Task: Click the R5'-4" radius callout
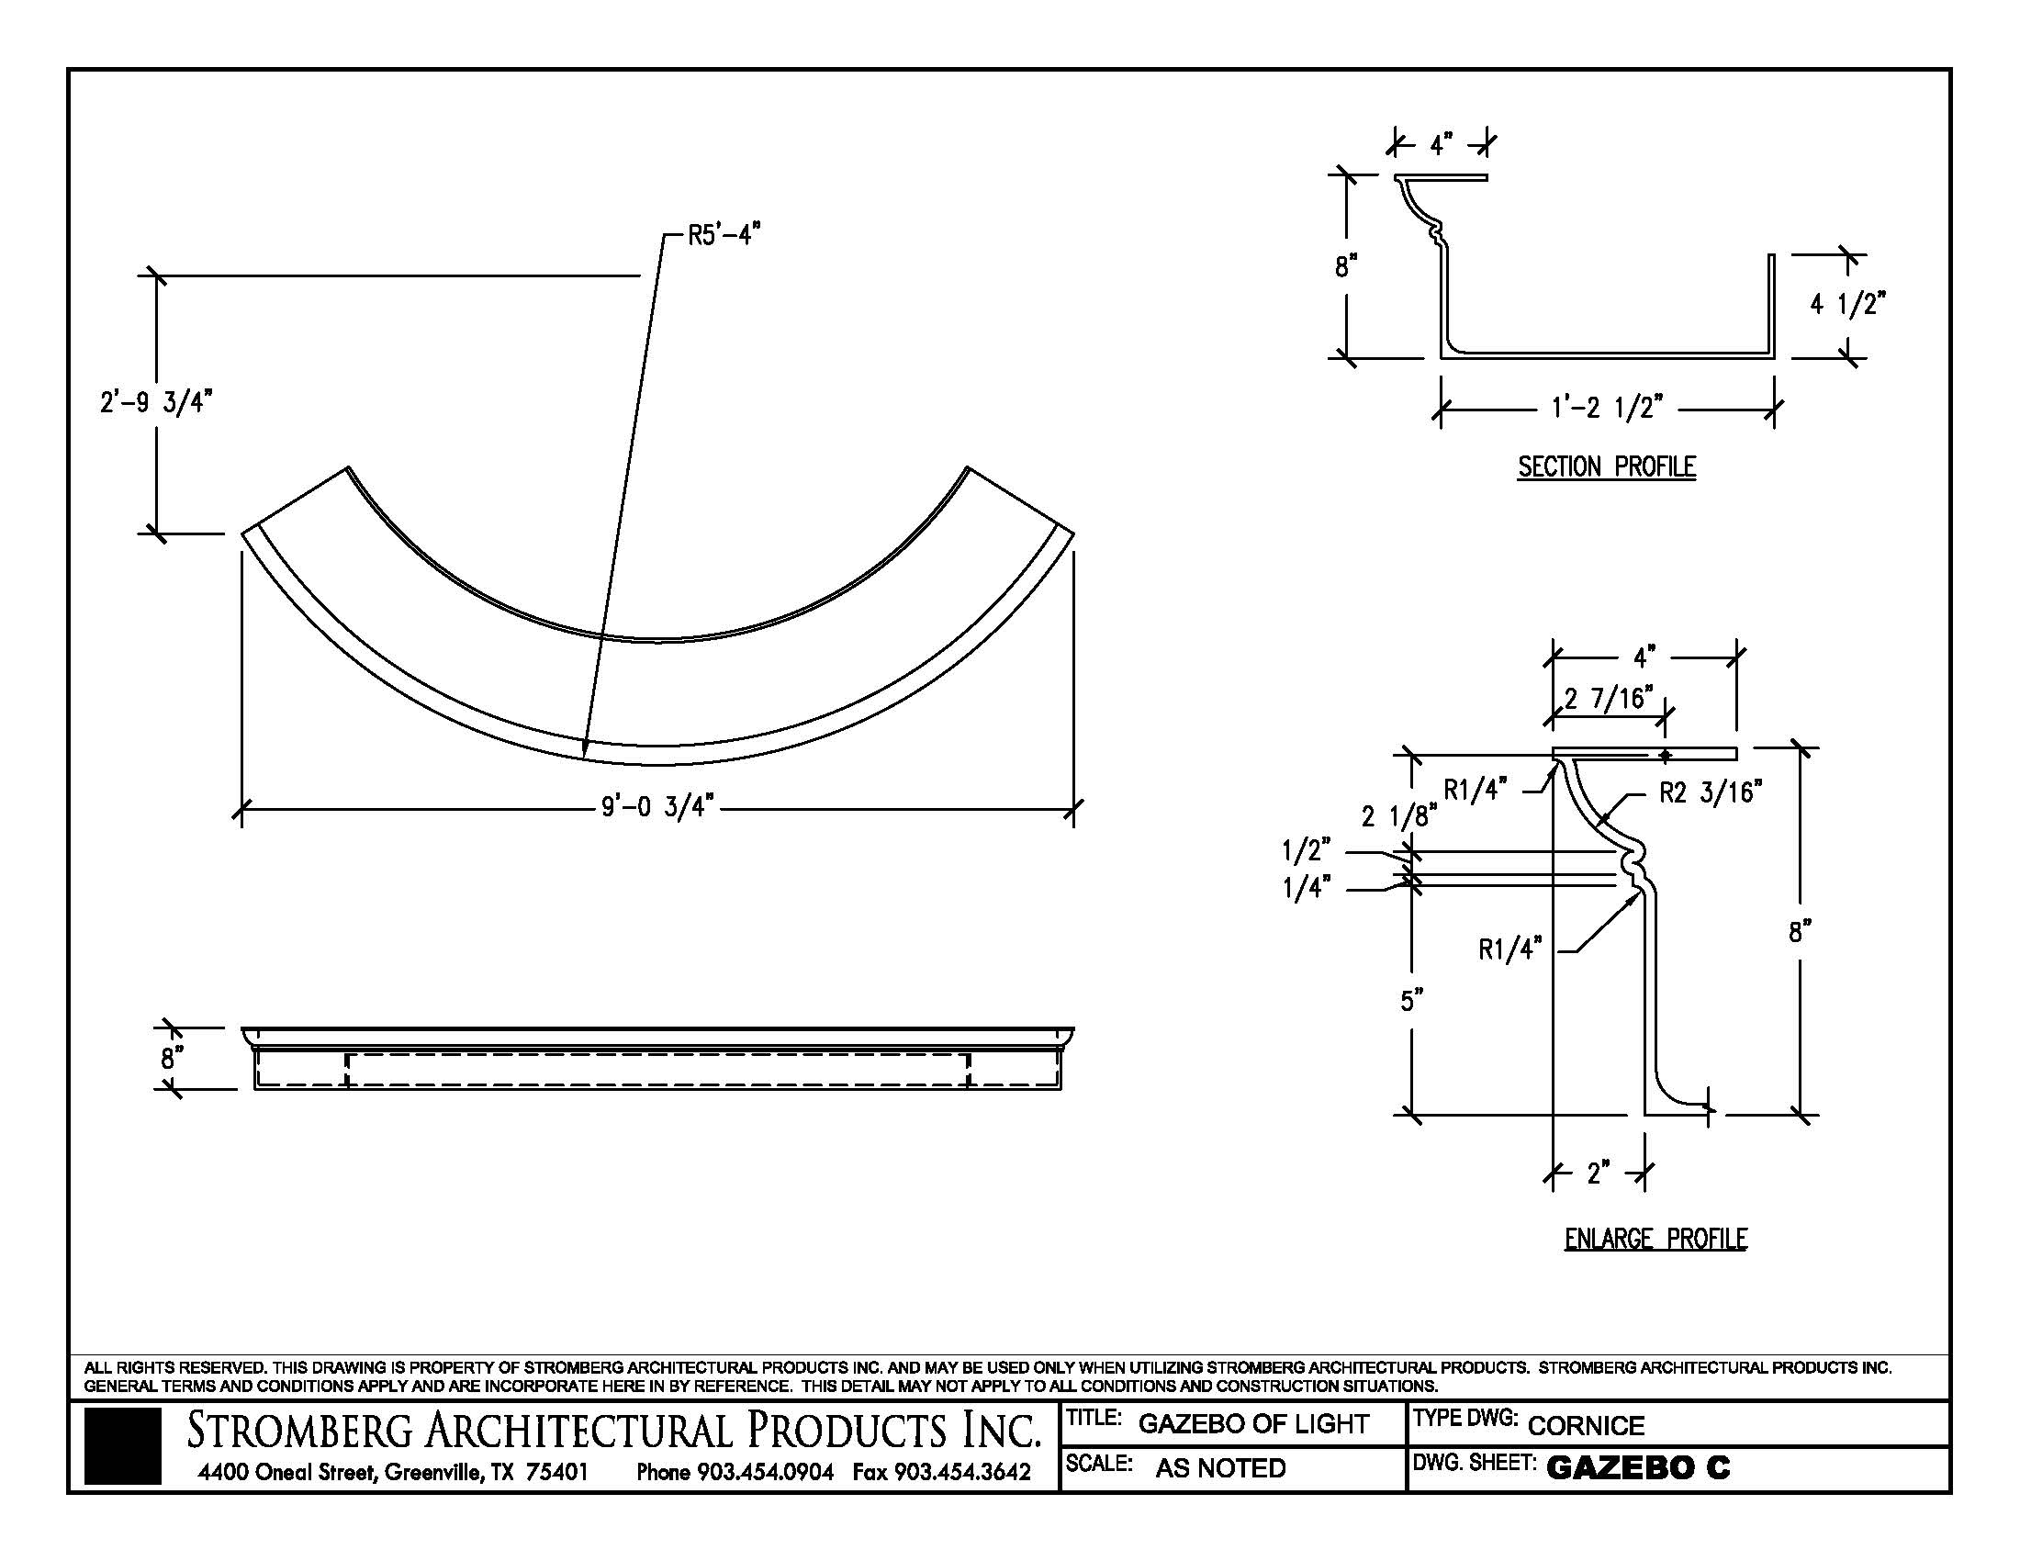click(x=724, y=236)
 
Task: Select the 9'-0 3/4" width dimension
click(x=656, y=807)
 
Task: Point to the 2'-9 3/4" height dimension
click(x=156, y=403)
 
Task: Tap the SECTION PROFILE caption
click(x=1607, y=467)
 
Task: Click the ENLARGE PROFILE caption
click(x=1655, y=1239)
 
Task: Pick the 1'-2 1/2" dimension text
click(x=1607, y=407)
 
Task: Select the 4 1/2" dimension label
click(x=1848, y=303)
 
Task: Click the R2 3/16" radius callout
click(x=1711, y=792)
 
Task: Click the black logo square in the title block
click(x=122, y=1446)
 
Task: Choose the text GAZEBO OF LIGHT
click(x=1252, y=1424)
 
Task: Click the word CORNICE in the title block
click(x=1586, y=1426)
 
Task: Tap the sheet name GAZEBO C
click(x=1637, y=1467)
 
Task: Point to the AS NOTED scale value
click(x=1220, y=1467)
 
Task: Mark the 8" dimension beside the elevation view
click(x=168, y=1058)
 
